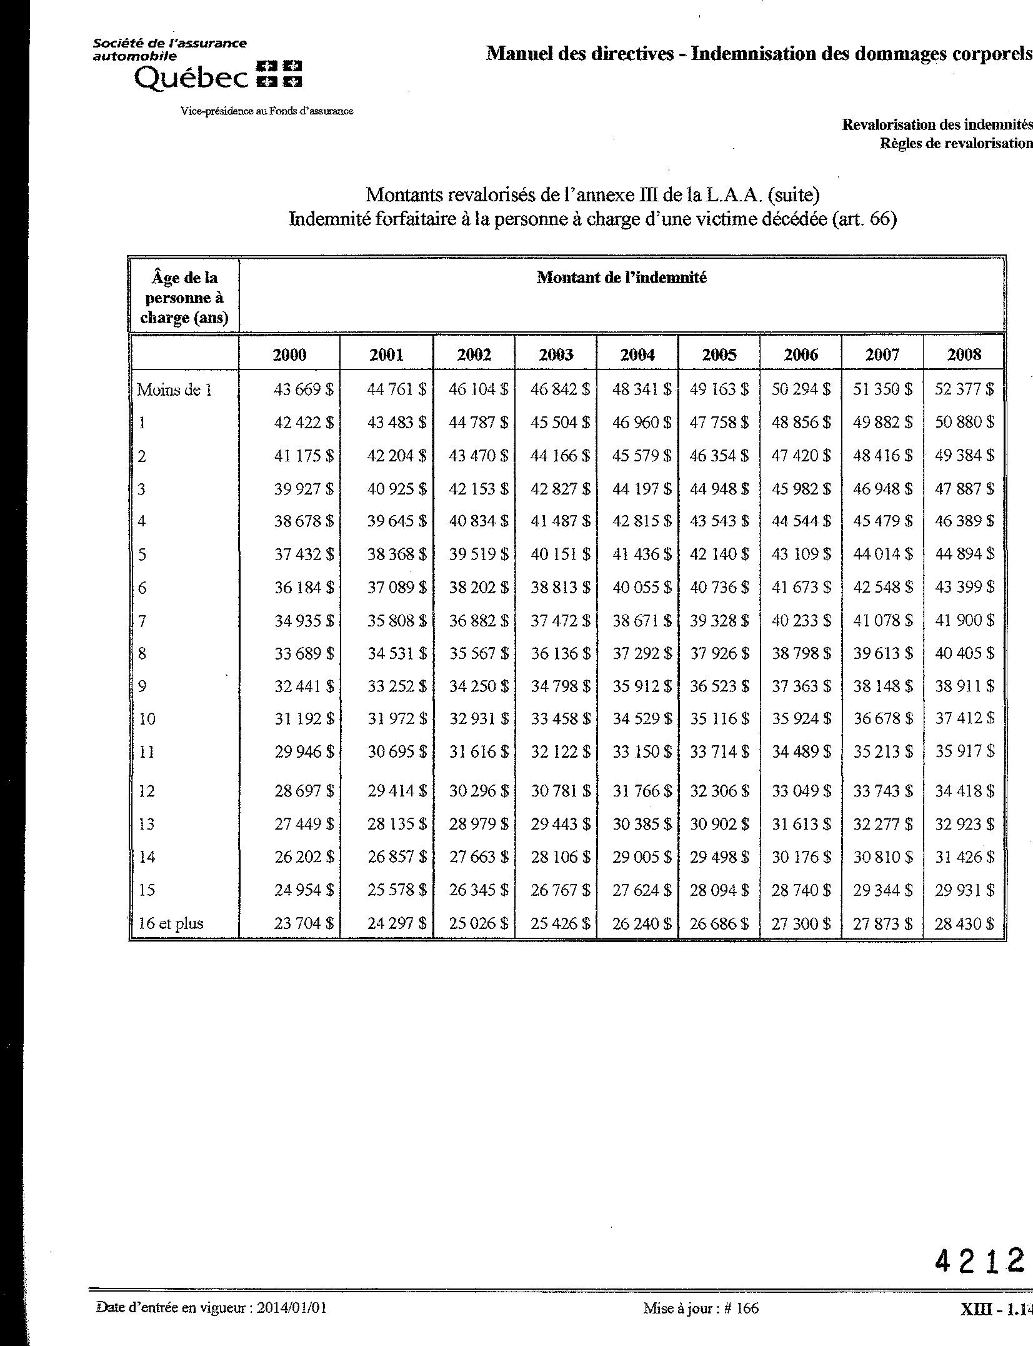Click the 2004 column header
637,355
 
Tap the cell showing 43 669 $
304,389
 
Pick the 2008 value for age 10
964,719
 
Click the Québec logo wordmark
191,78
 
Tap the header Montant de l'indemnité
621,278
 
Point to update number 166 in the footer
746,1308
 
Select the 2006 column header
801,355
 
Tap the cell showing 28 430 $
964,923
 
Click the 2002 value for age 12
479,791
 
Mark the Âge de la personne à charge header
184,298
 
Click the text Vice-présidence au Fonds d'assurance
267,111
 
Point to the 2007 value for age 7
882,621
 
